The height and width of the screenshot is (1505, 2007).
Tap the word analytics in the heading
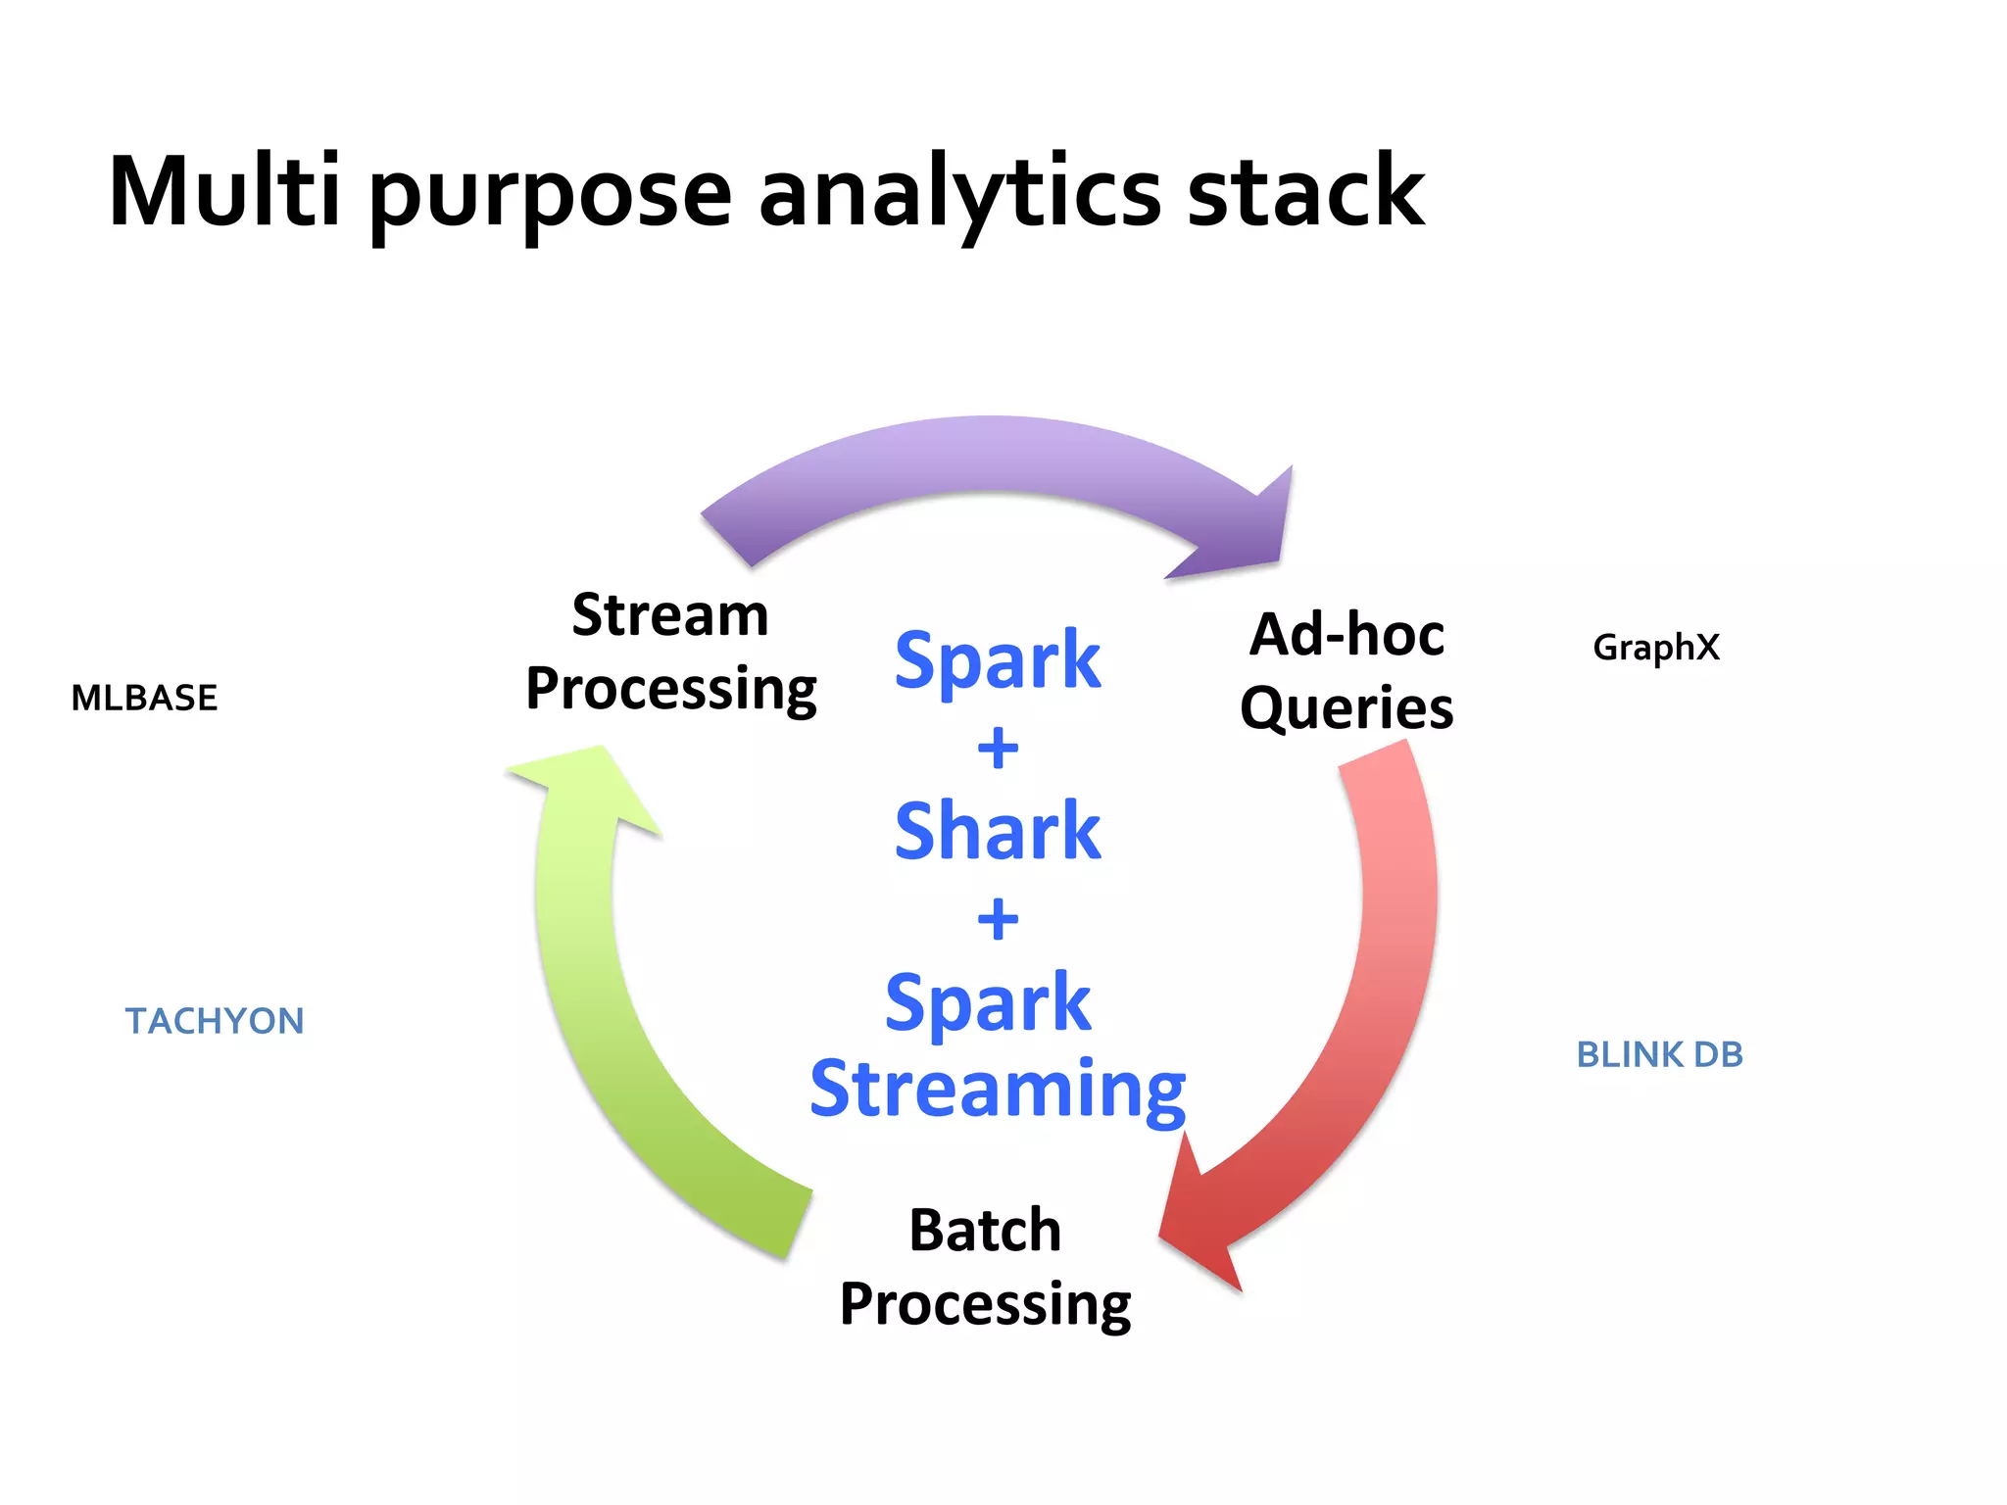(960, 193)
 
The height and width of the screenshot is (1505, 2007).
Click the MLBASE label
(144, 698)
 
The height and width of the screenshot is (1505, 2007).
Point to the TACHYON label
(215, 1021)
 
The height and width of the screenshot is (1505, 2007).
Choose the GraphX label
(1655, 648)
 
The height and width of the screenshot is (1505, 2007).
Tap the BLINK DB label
(1659, 1054)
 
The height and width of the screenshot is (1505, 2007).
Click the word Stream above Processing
(670, 615)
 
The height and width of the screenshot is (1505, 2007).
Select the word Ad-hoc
(1346, 634)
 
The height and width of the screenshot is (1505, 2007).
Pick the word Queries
(1346, 707)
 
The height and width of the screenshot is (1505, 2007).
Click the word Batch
(985, 1231)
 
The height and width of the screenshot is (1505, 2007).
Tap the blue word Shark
(998, 831)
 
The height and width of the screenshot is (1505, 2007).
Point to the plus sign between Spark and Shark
(998, 749)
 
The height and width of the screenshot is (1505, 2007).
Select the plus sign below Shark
(998, 919)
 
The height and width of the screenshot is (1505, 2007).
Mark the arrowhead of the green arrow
(588, 784)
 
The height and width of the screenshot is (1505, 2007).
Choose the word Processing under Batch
(985, 1304)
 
